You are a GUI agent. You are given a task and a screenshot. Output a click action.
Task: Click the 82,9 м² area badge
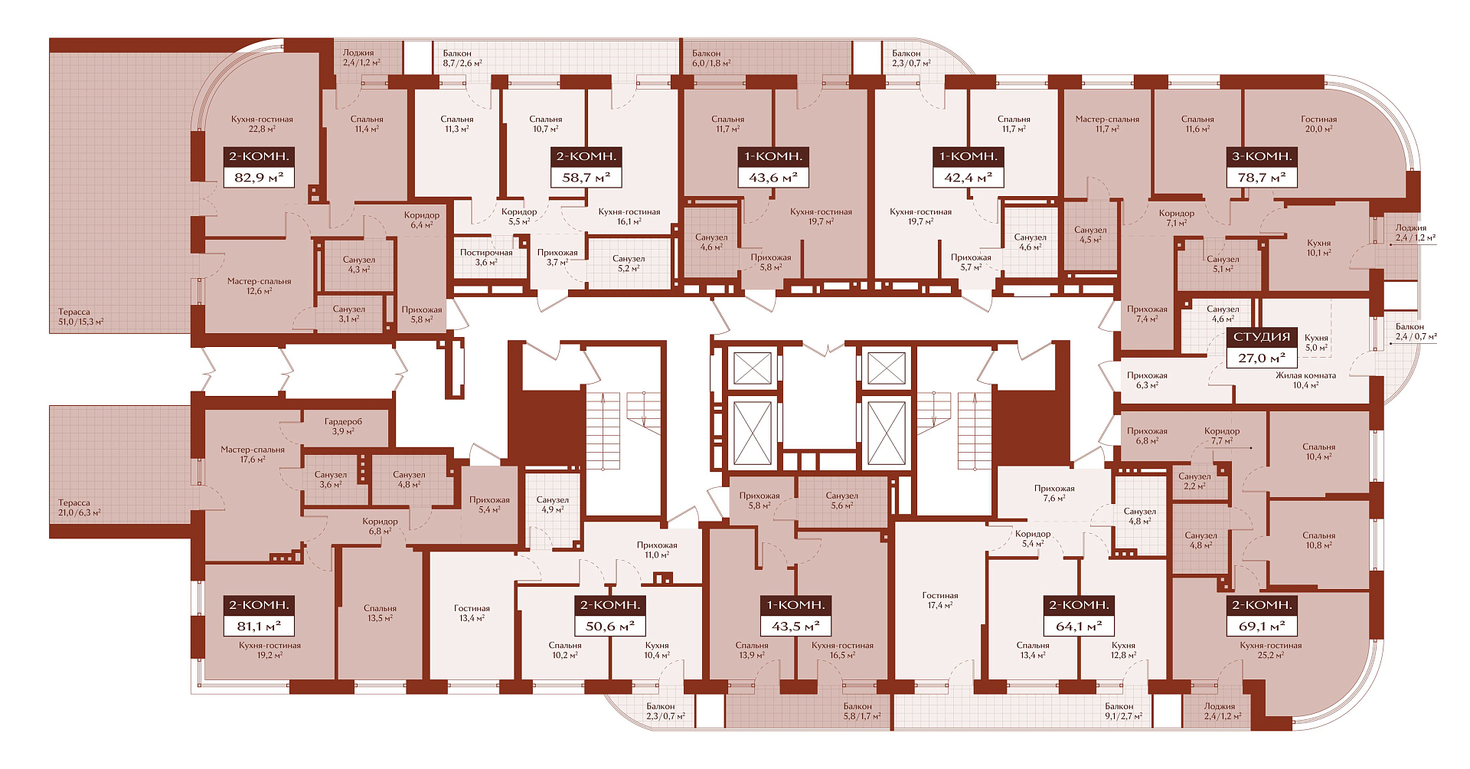click(259, 178)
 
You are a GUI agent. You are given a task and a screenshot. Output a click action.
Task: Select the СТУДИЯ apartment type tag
click(1262, 337)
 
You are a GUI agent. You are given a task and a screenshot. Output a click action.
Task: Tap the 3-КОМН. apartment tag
click(1262, 156)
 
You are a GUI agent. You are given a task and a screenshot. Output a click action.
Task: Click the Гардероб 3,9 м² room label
click(343, 427)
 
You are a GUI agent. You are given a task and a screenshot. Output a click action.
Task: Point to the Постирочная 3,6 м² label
click(486, 257)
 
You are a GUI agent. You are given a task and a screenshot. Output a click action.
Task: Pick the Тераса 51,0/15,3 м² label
click(81, 317)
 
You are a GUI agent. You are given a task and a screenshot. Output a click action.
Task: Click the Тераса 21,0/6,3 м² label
click(80, 508)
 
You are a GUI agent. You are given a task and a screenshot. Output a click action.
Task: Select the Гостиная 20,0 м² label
click(1318, 124)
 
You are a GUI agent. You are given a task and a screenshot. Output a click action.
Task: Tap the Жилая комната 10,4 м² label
click(1305, 381)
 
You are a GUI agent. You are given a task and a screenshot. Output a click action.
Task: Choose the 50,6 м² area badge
click(610, 627)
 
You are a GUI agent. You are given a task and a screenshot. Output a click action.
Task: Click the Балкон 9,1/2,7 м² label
click(1123, 712)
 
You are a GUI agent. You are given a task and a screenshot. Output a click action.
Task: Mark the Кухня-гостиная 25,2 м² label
click(1271, 650)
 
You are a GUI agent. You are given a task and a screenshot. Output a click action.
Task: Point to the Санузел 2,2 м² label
click(1194, 481)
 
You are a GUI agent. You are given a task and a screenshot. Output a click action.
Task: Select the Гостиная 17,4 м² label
click(940, 600)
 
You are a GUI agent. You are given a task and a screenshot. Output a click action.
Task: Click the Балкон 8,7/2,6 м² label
click(462, 58)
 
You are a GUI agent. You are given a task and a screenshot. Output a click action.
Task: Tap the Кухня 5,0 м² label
click(1316, 342)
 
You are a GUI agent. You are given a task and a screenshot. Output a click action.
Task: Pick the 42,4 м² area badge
click(968, 178)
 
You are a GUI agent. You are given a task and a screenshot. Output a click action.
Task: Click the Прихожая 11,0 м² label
click(657, 550)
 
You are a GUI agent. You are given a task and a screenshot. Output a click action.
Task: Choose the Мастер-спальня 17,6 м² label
click(253, 455)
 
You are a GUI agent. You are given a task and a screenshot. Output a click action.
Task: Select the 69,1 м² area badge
click(1262, 627)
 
